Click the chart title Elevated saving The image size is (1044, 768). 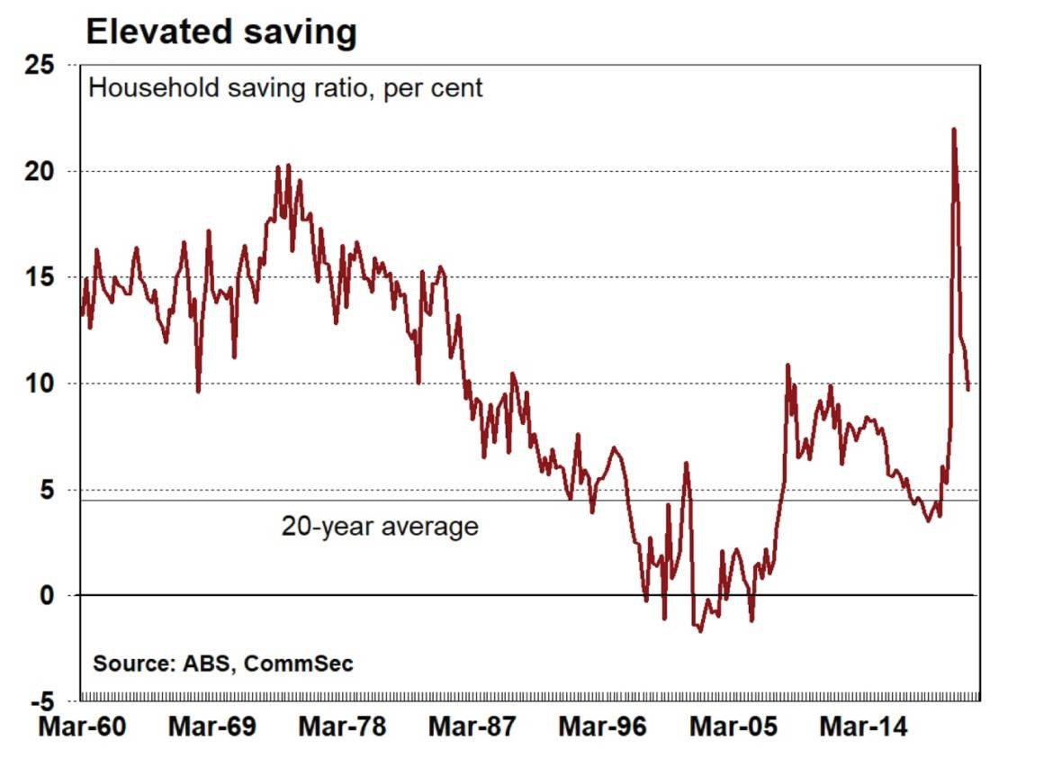coord(220,32)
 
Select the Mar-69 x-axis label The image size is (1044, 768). coord(210,727)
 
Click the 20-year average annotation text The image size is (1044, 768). coord(379,526)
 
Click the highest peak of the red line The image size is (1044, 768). coord(953,130)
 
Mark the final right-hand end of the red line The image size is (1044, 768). coord(968,389)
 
